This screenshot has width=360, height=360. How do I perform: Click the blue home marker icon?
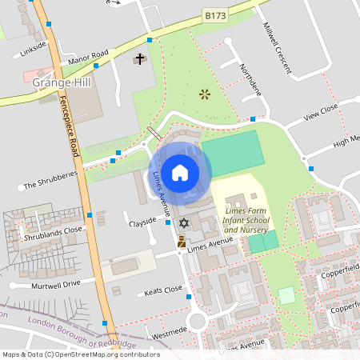point(180,171)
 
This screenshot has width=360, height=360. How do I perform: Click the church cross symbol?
point(140,59)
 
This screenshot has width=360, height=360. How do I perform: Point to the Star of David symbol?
point(183,222)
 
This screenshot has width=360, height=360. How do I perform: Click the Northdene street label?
point(250,79)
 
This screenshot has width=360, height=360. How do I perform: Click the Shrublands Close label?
point(52,229)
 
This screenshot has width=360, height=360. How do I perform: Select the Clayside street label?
point(142,222)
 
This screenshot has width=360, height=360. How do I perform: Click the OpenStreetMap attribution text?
point(81,354)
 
